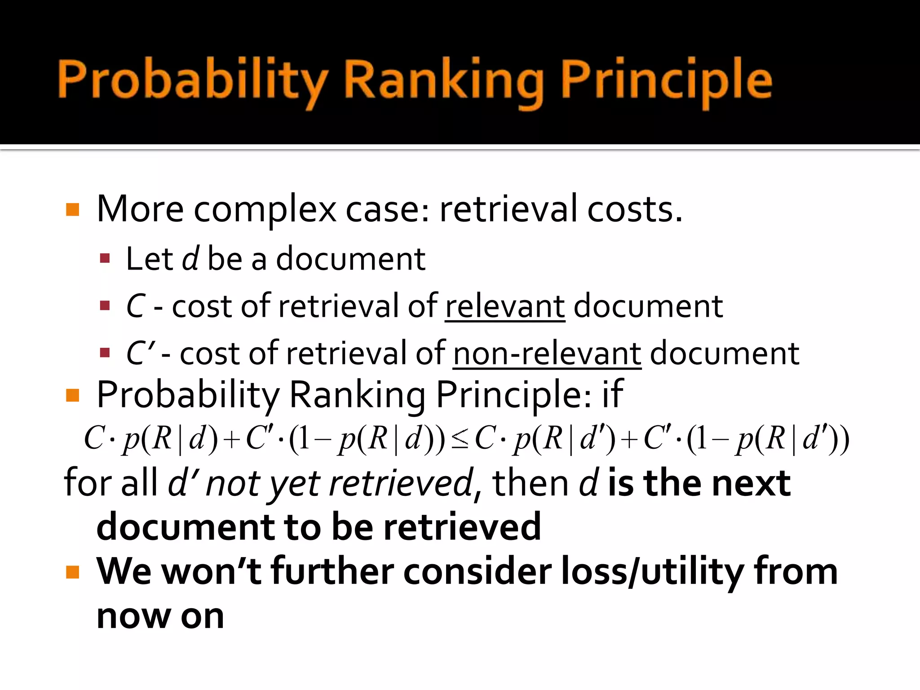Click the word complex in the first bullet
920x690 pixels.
coord(265,209)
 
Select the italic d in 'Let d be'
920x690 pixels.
coord(190,259)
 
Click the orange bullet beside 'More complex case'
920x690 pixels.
coord(72,210)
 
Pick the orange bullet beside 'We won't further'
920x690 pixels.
coord(72,572)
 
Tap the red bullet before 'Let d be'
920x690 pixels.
coord(105,258)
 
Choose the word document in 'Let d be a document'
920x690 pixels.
coord(350,259)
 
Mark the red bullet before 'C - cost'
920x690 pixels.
coord(105,306)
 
